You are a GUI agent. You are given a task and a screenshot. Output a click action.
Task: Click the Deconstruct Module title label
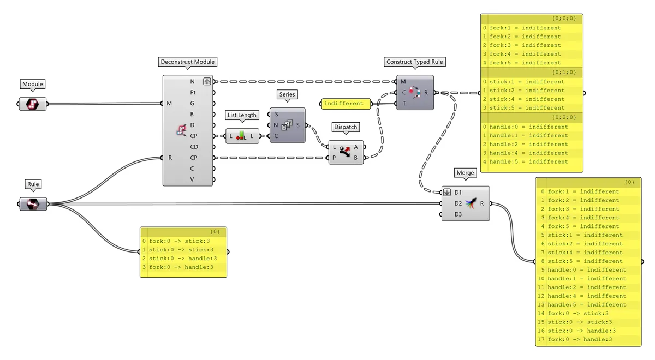(x=188, y=62)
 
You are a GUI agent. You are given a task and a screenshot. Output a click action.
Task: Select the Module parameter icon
(x=33, y=104)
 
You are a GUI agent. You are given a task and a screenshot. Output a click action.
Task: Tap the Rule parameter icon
(x=33, y=204)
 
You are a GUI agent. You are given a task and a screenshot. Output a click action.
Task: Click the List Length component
(x=241, y=136)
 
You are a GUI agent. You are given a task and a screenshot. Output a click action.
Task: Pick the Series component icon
(x=287, y=125)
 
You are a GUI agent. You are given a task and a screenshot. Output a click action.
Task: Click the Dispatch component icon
(x=345, y=152)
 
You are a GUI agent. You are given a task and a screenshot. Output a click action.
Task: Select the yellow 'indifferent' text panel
(x=345, y=104)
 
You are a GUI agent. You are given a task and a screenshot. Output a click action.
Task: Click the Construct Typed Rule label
(x=415, y=62)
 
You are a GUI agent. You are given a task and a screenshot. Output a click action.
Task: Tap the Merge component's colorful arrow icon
(x=471, y=203)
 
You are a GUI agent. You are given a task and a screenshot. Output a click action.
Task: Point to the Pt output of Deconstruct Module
(x=193, y=93)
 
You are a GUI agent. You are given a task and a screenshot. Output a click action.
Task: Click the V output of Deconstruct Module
(x=192, y=179)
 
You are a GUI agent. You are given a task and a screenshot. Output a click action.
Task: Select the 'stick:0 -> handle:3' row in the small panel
(x=183, y=259)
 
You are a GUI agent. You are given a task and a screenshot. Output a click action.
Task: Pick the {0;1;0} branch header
(x=564, y=72)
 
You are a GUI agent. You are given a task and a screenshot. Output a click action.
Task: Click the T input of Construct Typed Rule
(x=403, y=103)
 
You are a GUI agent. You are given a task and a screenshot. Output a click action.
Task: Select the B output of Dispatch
(x=356, y=158)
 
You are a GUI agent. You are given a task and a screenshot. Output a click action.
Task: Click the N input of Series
(x=276, y=125)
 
